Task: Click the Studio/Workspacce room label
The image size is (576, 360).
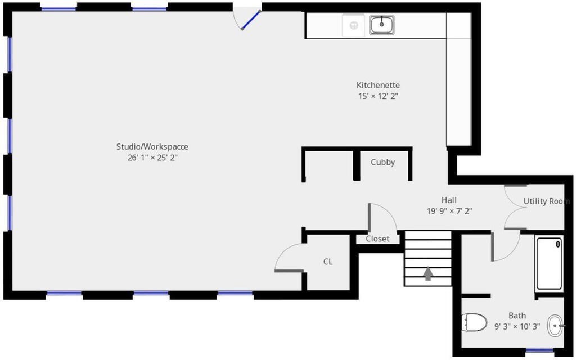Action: pos(152,147)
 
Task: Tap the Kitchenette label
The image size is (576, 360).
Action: pos(378,85)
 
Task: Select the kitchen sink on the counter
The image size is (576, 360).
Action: pos(382,25)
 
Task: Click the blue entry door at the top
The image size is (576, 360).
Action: pos(251,20)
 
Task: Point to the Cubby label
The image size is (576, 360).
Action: pos(382,162)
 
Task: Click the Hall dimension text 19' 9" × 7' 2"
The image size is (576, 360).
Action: pos(449,211)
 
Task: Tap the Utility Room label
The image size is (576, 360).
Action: pos(547,201)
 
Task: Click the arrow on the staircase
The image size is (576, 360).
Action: pos(428,274)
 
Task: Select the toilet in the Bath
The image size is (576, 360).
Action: pos(474,322)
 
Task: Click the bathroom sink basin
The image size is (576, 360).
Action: pos(555,326)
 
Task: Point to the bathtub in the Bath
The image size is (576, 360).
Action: pos(549,263)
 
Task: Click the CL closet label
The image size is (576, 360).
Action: pos(328,262)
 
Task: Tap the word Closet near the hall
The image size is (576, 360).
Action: pos(377,238)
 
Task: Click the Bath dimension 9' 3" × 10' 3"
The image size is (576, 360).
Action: pos(517,327)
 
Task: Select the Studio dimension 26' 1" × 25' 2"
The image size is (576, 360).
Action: pos(152,158)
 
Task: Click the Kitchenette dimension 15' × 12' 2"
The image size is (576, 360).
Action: pos(379,96)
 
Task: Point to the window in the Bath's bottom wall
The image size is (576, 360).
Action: pos(539,350)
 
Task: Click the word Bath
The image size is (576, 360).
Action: pos(517,316)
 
